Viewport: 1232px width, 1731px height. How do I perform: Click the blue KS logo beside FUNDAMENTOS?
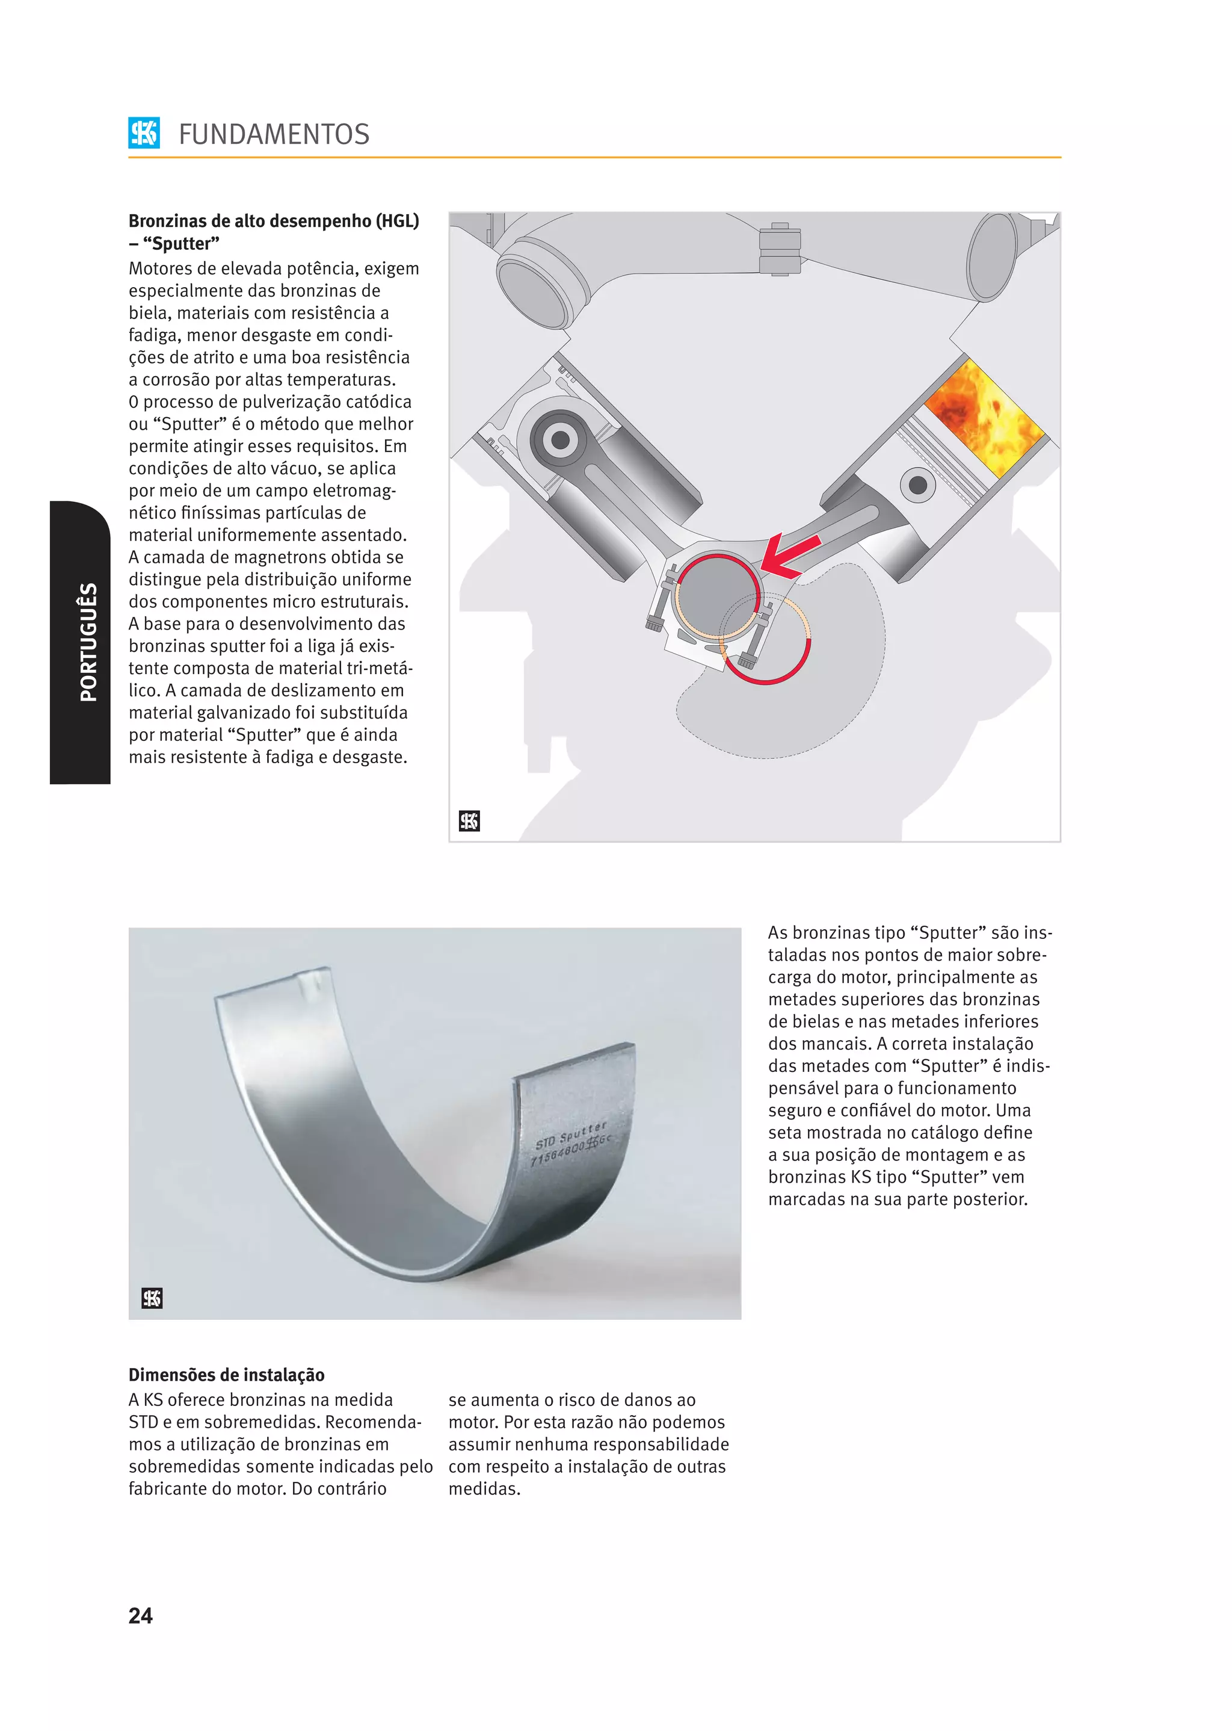144,134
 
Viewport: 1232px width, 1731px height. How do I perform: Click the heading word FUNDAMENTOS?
274,135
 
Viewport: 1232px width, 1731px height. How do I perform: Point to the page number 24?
140,1615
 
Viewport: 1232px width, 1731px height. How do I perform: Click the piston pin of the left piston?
560,439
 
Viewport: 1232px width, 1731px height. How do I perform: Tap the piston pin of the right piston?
917,484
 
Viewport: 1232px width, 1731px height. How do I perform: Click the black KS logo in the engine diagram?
469,820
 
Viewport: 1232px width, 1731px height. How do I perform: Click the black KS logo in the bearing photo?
152,1298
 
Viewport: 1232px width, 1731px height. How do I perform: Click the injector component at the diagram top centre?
780,249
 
